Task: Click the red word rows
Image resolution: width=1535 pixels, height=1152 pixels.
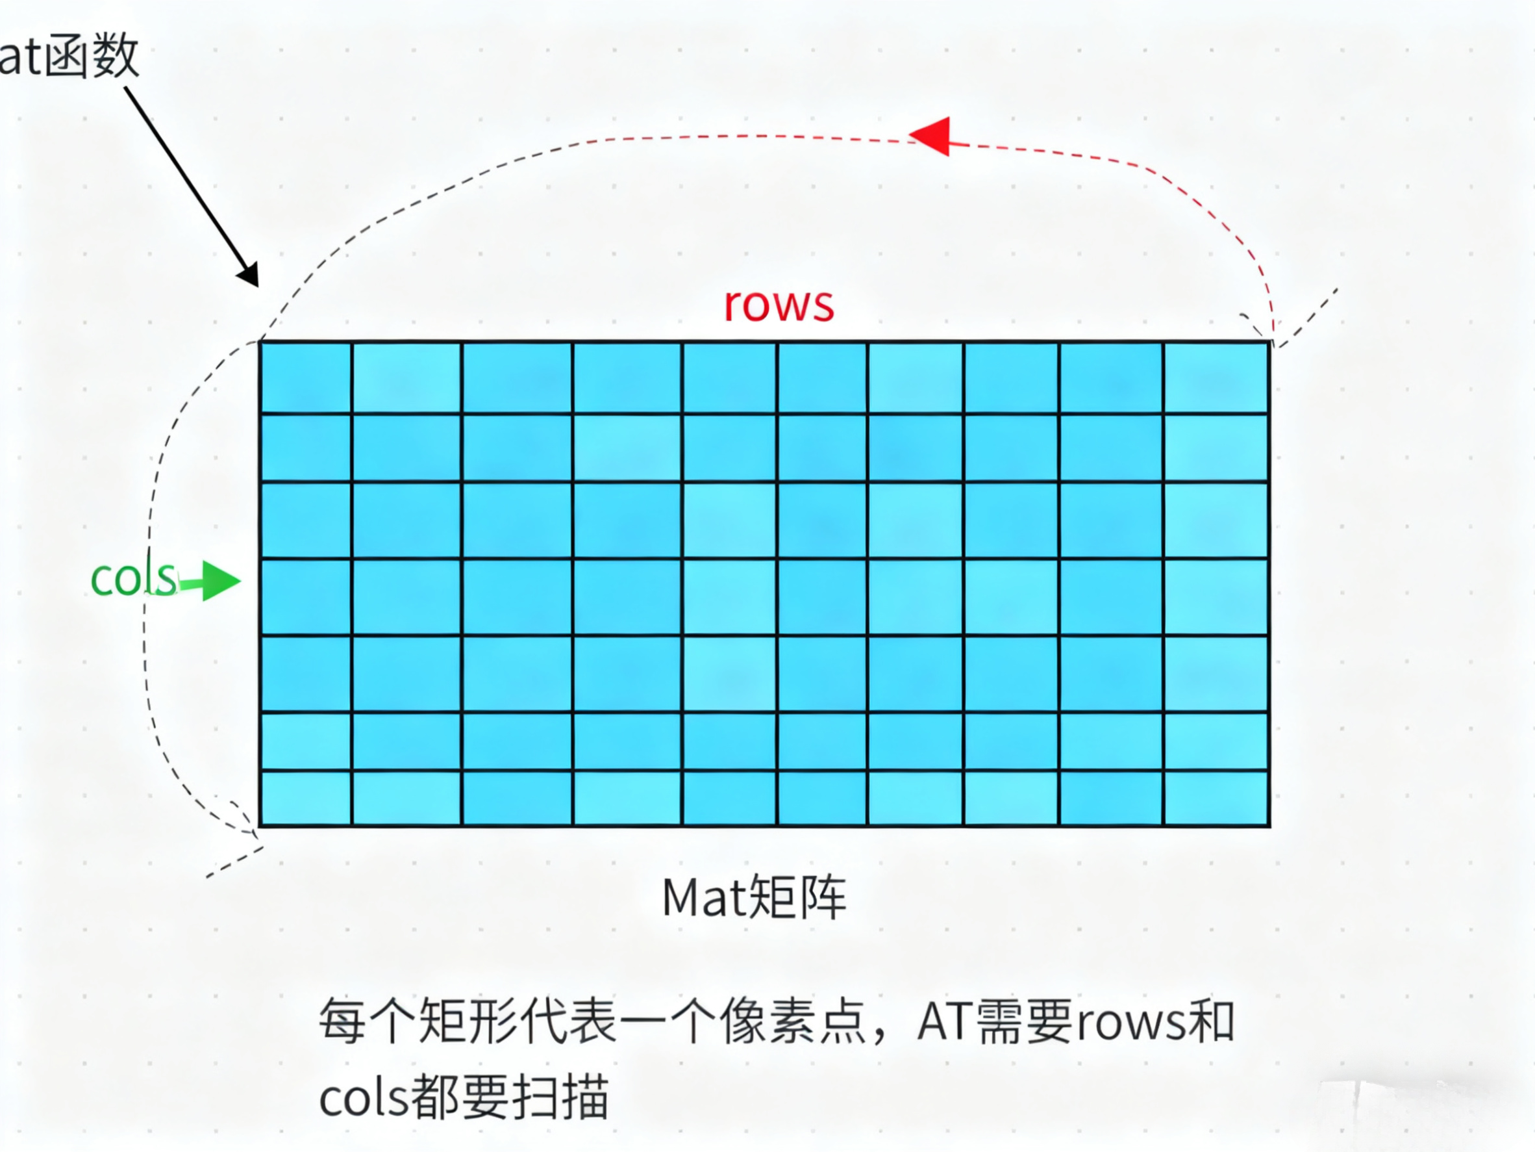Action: tap(779, 305)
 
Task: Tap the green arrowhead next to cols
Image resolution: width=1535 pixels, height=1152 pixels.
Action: tap(221, 580)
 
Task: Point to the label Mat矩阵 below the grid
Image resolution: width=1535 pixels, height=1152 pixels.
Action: tap(755, 898)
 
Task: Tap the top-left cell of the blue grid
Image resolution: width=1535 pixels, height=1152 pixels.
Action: tap(306, 378)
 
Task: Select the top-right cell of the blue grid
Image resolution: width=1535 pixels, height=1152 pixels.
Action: tap(1216, 378)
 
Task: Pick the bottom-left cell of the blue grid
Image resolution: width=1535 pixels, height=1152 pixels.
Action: tap(306, 799)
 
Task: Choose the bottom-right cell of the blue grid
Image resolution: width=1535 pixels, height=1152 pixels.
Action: tap(1216, 799)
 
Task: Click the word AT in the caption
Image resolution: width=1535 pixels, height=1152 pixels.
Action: tap(945, 1022)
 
